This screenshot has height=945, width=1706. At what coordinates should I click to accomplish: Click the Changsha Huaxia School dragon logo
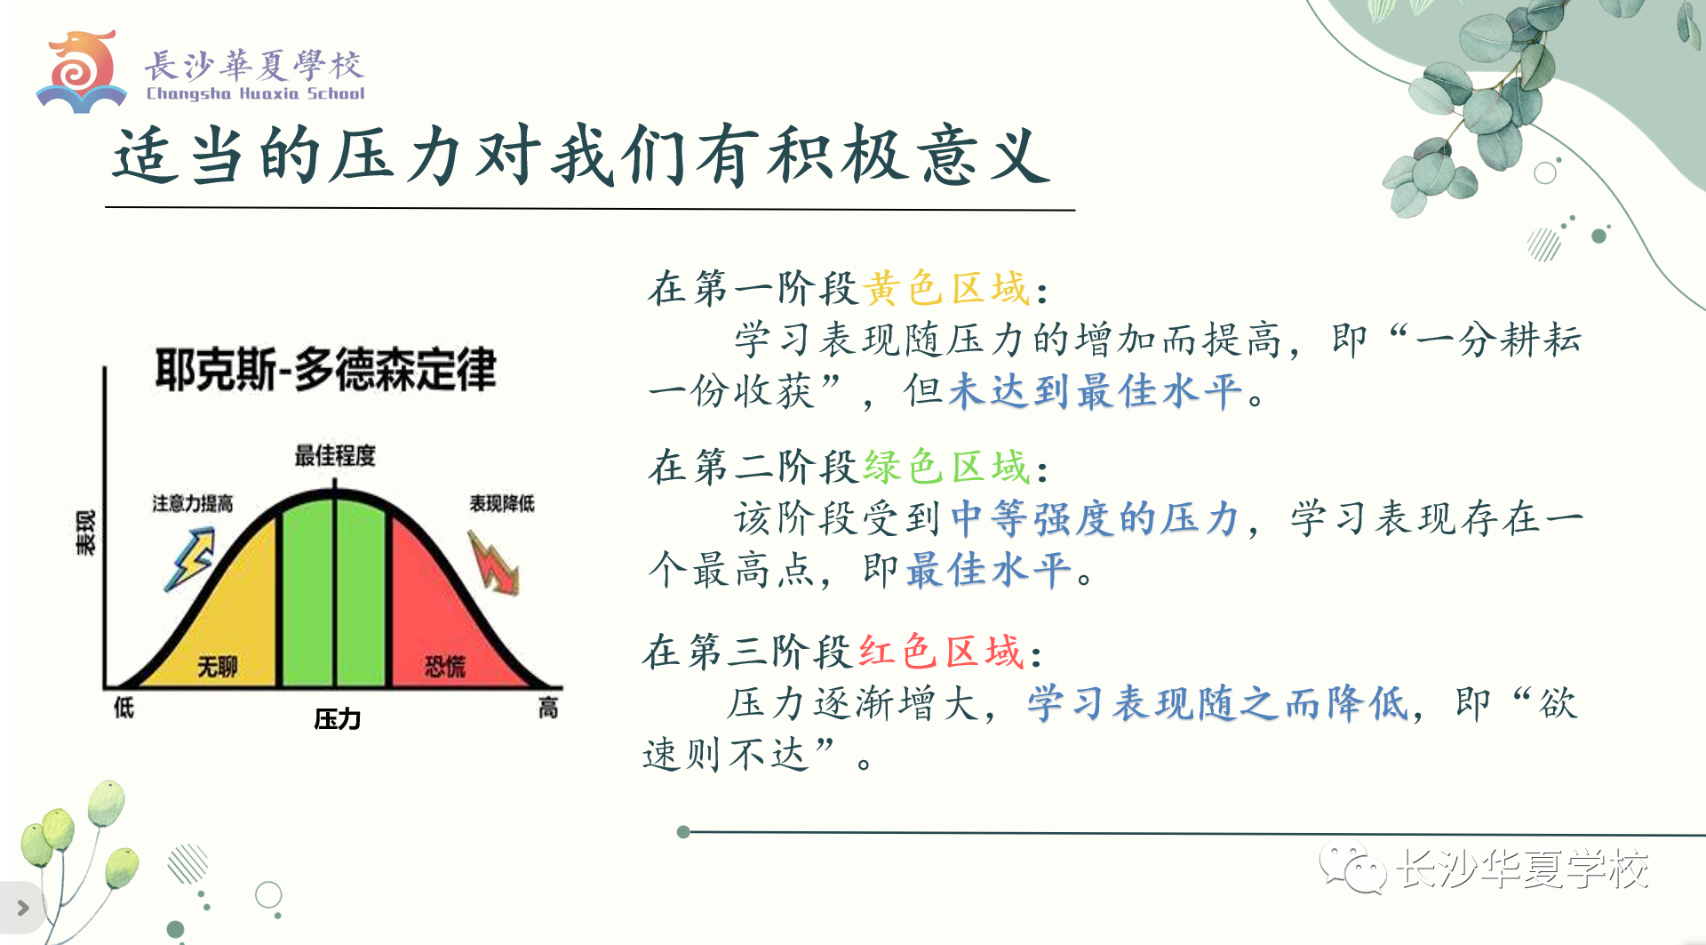coord(81,71)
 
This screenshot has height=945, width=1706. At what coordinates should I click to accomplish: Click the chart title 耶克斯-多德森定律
coord(325,369)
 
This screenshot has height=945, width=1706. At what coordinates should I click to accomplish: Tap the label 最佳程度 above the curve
coord(335,456)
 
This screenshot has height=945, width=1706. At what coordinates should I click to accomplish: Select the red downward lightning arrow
coord(493,563)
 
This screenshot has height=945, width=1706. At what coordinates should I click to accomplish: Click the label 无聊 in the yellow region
coord(218,666)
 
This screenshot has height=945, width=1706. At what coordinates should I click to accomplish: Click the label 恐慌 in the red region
coord(444,666)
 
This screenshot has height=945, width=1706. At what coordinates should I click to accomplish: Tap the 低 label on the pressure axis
coord(124,708)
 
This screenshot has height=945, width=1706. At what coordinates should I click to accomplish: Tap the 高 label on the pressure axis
coord(548,708)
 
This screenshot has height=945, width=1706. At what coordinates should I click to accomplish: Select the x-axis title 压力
coord(338,718)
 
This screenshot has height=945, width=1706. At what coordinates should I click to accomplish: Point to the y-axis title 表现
coord(85,533)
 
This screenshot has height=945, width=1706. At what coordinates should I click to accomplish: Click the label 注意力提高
coord(193,503)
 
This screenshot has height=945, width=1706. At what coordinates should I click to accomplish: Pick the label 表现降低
coord(502,503)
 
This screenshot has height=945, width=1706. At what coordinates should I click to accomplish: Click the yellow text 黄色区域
coord(946,289)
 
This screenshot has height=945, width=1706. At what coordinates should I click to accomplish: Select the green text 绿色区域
coord(946,467)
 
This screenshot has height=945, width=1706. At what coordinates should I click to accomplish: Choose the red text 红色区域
coord(941,652)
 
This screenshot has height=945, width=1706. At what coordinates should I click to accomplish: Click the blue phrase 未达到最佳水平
coord(1095,391)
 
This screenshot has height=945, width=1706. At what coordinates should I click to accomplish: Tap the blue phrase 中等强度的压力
coord(1095,518)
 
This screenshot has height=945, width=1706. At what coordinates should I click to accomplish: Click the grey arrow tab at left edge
coord(21,908)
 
